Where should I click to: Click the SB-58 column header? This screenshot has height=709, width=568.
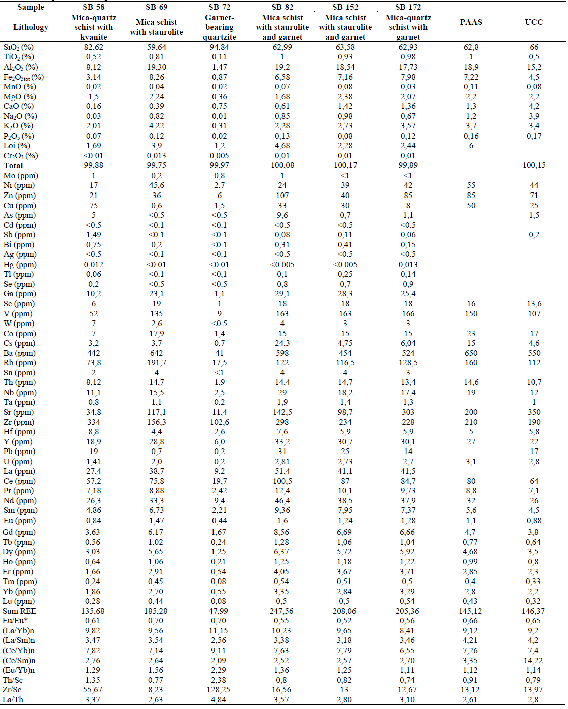click(93, 7)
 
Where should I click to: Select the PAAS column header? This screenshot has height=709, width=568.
click(471, 22)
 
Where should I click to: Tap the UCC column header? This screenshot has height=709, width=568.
click(534, 22)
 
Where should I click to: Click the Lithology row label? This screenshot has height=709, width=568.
click(31, 27)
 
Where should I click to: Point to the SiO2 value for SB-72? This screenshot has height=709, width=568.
click(219, 47)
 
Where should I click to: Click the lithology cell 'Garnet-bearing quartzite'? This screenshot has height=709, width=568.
click(219, 27)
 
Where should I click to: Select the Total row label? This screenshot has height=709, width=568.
click(14, 166)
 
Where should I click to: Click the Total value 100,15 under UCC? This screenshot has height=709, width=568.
click(534, 165)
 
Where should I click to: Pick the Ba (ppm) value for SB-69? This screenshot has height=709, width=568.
click(156, 353)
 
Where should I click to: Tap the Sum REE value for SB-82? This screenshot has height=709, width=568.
click(282, 611)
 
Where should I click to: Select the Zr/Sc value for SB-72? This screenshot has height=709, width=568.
click(219, 690)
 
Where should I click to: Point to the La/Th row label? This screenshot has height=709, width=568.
click(13, 700)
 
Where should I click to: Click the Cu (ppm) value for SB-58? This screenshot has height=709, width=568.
click(93, 206)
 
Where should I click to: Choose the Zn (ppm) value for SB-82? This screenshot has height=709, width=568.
click(282, 196)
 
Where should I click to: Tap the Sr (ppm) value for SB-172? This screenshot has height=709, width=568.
click(408, 412)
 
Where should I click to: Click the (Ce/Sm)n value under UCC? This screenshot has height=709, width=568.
click(534, 661)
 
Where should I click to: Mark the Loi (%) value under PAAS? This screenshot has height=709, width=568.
click(471, 146)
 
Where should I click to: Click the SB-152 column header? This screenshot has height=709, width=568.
click(345, 7)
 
